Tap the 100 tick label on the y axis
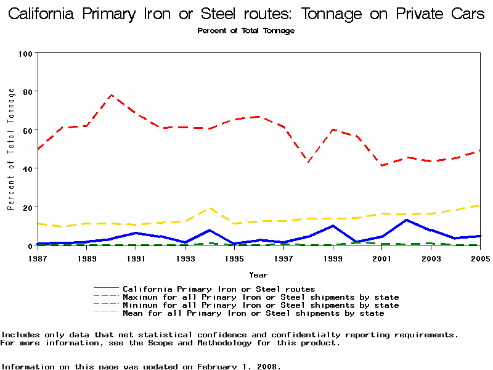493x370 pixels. pyautogui.click(x=25, y=54)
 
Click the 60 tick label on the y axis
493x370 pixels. pyautogui.click(x=27, y=130)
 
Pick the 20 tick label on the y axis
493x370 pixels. pyautogui.click(x=27, y=207)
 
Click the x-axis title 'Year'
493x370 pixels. pyautogui.click(x=258, y=274)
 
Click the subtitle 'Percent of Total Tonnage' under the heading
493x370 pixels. pyautogui.click(x=246, y=31)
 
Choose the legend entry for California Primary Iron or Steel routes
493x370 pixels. pyautogui.click(x=219, y=289)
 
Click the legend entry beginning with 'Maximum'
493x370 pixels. pyautogui.click(x=261, y=297)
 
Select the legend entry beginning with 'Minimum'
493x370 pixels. pyautogui.click(x=261, y=305)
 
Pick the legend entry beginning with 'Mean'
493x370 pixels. pyautogui.click(x=253, y=313)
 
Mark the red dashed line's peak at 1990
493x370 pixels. pyautogui.click(x=111, y=95)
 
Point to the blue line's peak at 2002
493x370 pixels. pyautogui.click(x=406, y=220)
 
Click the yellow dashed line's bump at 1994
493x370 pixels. pyautogui.click(x=210, y=208)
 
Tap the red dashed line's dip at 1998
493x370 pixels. pyautogui.click(x=308, y=162)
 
